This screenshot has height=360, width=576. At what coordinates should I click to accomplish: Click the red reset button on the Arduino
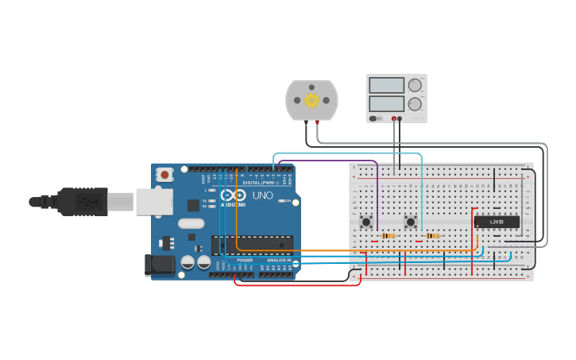tap(164, 174)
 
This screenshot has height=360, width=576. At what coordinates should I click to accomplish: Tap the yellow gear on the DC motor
tap(311, 100)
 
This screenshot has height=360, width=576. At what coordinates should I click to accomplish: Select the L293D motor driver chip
tap(497, 222)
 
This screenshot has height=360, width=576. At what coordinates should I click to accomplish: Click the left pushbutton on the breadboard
tap(366, 222)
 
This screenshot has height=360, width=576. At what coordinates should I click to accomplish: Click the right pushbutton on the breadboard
tap(411, 222)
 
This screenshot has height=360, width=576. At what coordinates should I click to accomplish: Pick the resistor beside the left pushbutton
tap(388, 235)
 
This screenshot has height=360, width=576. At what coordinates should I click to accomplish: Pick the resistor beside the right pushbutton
tap(432, 235)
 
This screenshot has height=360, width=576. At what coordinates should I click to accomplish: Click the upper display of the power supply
tap(386, 85)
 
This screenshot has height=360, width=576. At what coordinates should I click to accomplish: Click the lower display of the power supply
tap(386, 103)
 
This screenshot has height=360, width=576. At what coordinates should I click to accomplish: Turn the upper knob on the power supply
tap(415, 85)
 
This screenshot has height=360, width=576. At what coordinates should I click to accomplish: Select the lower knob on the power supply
tap(415, 104)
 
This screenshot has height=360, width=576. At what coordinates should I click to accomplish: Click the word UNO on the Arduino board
tap(262, 195)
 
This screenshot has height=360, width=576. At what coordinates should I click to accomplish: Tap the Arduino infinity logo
tap(234, 195)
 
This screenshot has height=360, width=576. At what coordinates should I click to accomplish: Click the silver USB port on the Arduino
tap(153, 202)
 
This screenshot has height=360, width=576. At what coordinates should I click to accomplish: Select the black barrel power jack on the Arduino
tap(159, 265)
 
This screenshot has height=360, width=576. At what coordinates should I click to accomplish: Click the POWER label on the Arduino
tap(245, 260)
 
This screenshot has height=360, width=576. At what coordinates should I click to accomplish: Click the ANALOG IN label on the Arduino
tap(278, 260)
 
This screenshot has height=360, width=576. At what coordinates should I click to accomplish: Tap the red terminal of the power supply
tap(393, 118)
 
